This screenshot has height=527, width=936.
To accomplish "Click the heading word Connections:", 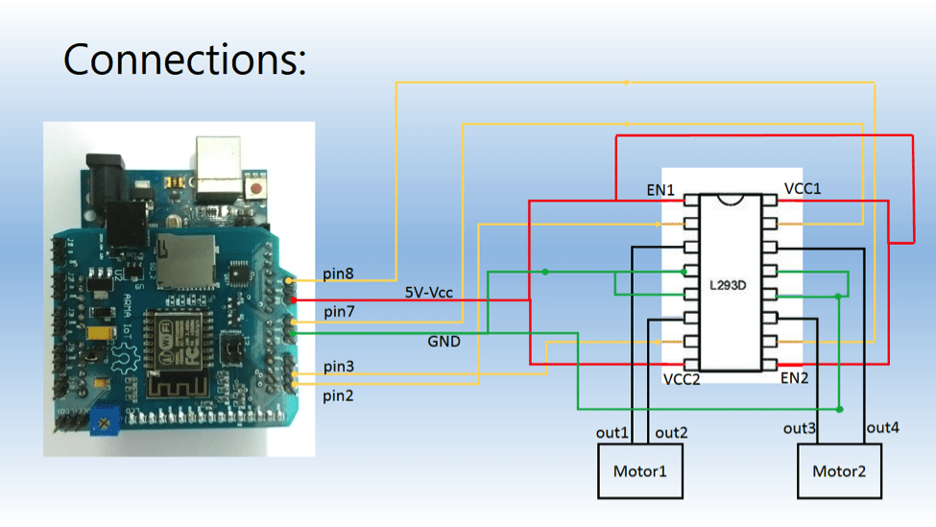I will (185, 60).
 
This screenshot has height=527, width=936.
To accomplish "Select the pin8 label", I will (338, 275).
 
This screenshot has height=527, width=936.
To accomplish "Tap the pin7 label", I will (338, 312).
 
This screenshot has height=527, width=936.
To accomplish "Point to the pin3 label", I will (338, 367).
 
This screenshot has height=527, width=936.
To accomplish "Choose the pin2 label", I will (338, 395).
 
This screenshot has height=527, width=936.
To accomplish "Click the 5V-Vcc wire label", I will (427, 292).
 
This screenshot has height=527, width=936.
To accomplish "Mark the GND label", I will (444, 342).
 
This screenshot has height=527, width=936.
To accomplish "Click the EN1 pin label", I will (660, 192).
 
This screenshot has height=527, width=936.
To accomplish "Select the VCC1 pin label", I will (803, 188).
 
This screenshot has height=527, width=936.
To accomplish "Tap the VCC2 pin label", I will (682, 379).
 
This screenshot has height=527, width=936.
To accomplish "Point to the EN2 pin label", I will (794, 378).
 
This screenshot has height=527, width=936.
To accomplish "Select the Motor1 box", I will (640, 471).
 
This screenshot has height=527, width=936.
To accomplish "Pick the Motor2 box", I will (839, 471).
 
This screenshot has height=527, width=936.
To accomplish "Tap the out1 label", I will (612, 433).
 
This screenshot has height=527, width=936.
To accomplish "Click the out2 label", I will (671, 433).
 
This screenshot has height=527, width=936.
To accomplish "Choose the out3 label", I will (800, 428).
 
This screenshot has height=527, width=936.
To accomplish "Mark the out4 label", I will (883, 427).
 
